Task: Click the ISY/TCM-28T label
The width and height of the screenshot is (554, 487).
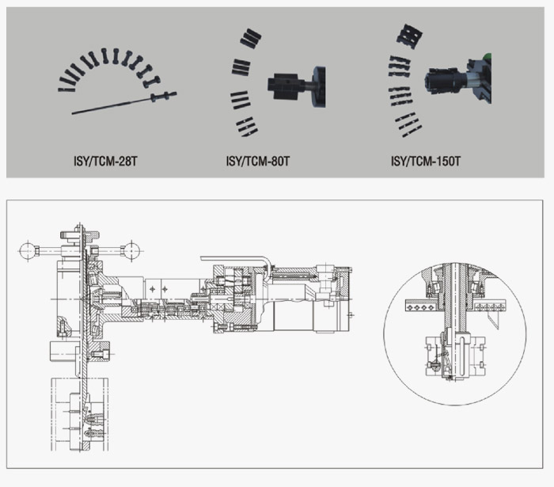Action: [x=105, y=162]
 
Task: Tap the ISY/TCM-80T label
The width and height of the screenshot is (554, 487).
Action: [x=257, y=162]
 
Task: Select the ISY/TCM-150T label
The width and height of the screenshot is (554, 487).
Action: [x=426, y=162]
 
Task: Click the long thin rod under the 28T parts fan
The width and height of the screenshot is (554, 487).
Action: [x=123, y=104]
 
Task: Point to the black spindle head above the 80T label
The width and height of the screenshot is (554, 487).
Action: [x=296, y=86]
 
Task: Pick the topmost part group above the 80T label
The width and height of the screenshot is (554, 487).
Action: [x=251, y=38]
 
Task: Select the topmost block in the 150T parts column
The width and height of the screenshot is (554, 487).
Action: [x=409, y=35]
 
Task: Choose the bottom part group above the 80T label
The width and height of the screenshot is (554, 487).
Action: [x=247, y=127]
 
